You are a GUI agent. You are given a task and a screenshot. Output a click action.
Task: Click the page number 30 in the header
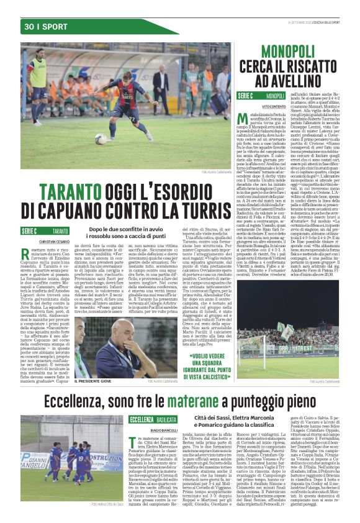coord(29,27)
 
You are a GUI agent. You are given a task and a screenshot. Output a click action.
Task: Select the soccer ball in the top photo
coord(101,139)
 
